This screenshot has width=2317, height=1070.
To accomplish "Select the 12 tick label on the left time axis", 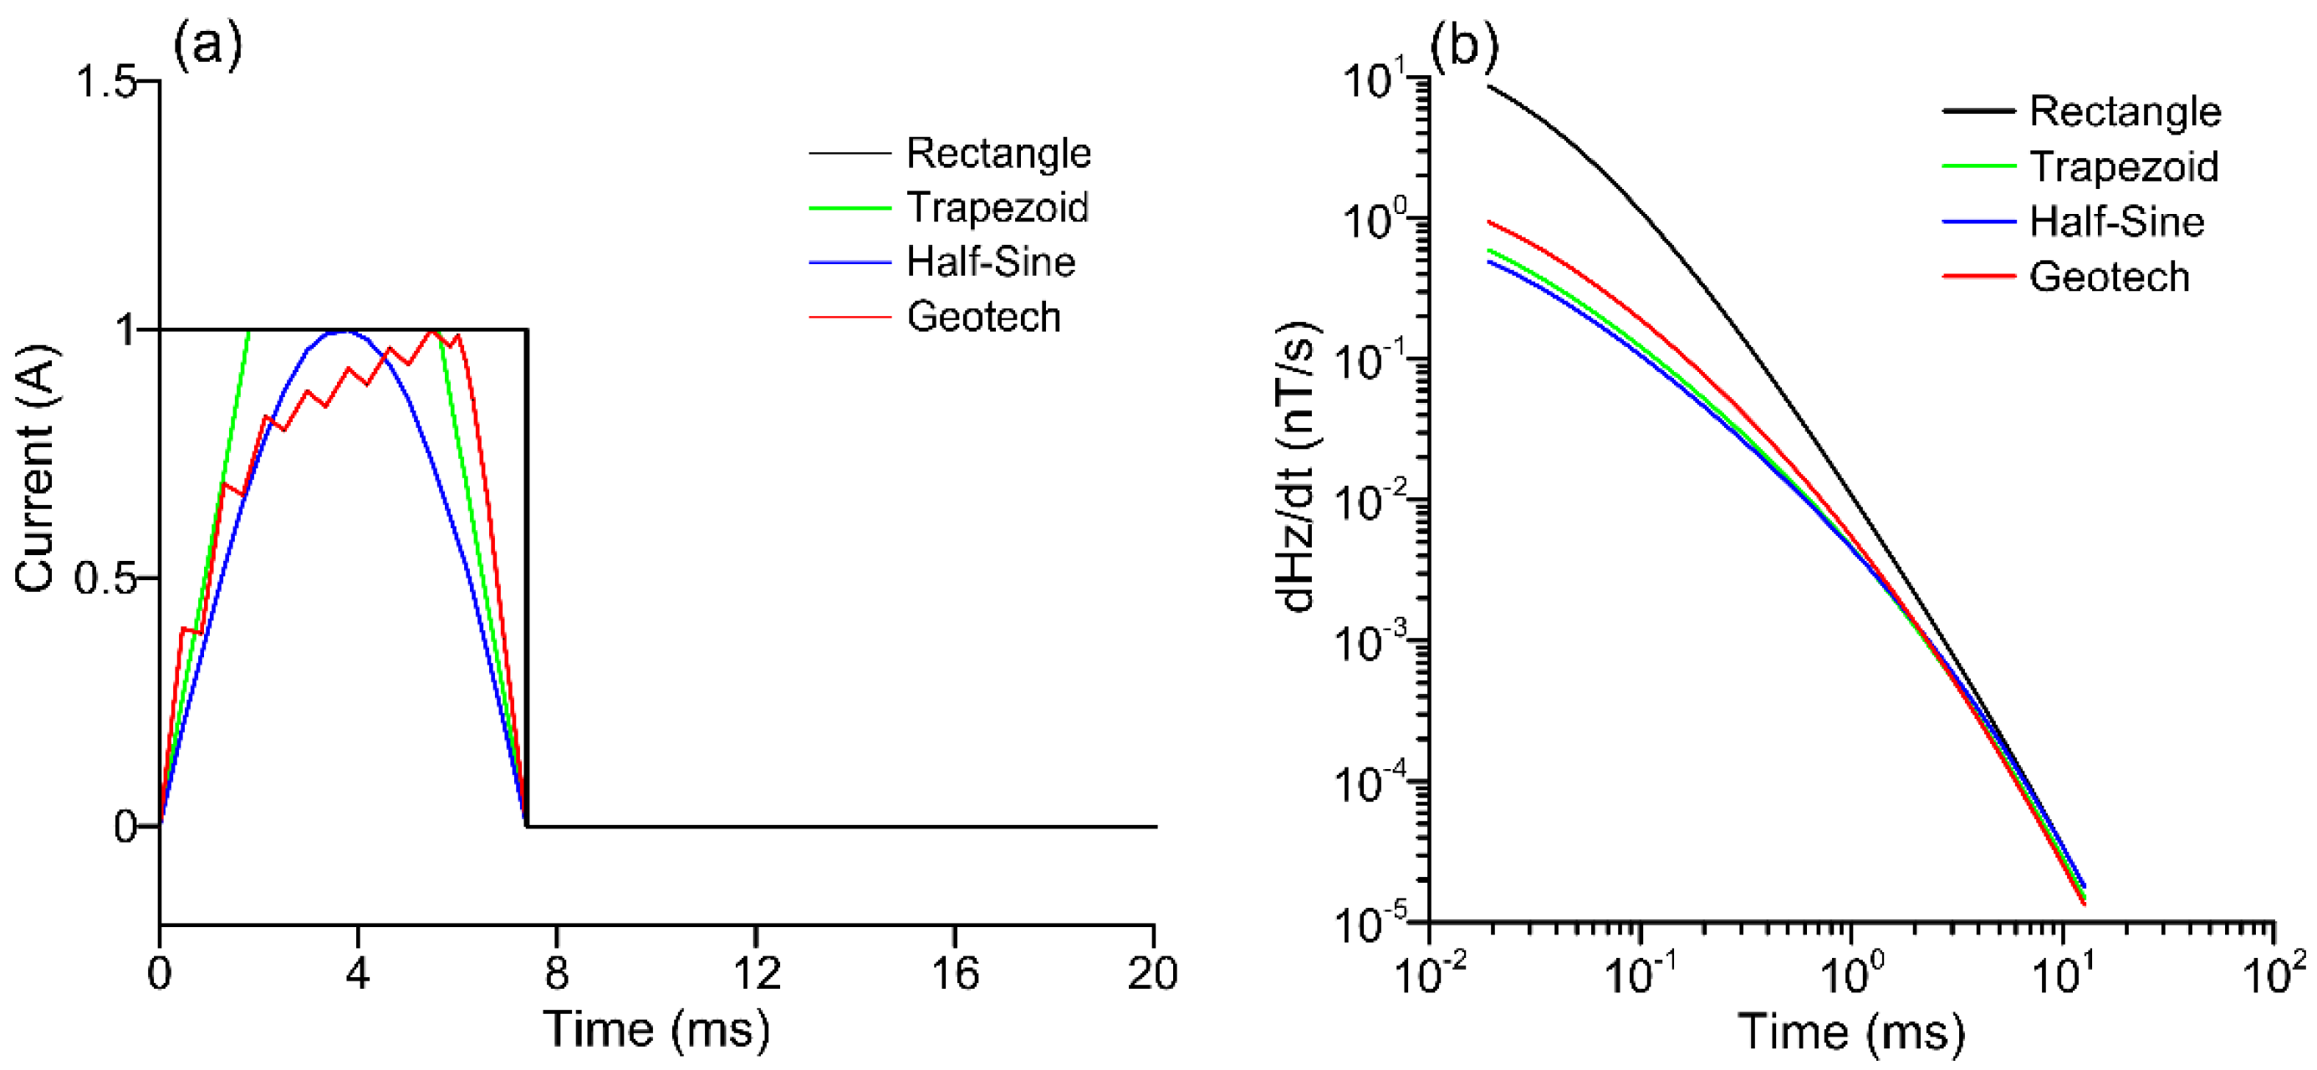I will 756,973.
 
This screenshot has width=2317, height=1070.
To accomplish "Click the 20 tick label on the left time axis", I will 1152,973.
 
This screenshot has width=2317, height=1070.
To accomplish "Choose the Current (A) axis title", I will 36,467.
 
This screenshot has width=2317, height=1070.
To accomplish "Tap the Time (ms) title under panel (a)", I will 656,1030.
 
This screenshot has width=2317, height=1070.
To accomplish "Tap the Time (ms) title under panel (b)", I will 1851,1032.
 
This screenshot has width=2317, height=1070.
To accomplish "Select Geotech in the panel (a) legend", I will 983,317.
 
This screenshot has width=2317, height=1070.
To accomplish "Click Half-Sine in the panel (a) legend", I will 990,262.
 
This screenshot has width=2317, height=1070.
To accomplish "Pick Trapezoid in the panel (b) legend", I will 2124,167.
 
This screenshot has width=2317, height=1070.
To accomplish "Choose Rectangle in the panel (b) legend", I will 2125,111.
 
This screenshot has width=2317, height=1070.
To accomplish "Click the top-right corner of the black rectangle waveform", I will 526,331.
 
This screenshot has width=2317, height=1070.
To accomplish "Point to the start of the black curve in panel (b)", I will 1488,86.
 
